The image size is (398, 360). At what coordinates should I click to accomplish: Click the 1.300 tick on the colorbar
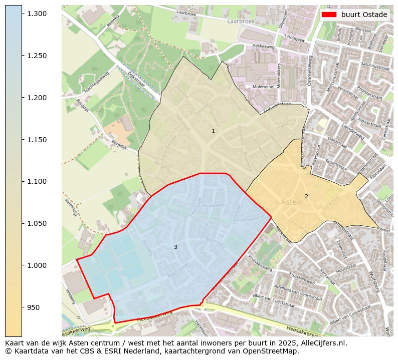click(37, 14)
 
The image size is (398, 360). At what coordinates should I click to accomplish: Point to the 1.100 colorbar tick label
click(37, 181)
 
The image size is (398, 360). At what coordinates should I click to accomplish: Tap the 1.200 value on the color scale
click(37, 98)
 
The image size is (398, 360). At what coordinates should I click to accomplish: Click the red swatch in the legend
click(329, 15)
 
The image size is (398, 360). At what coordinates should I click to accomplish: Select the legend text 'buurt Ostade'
click(364, 15)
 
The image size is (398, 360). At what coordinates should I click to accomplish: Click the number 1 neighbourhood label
click(213, 131)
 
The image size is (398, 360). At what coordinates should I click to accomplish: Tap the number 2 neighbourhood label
click(306, 196)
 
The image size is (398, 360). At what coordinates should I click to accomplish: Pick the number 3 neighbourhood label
click(175, 247)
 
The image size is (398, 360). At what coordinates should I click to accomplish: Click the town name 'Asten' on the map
click(291, 202)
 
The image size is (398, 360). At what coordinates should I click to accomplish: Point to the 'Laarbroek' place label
click(241, 22)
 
